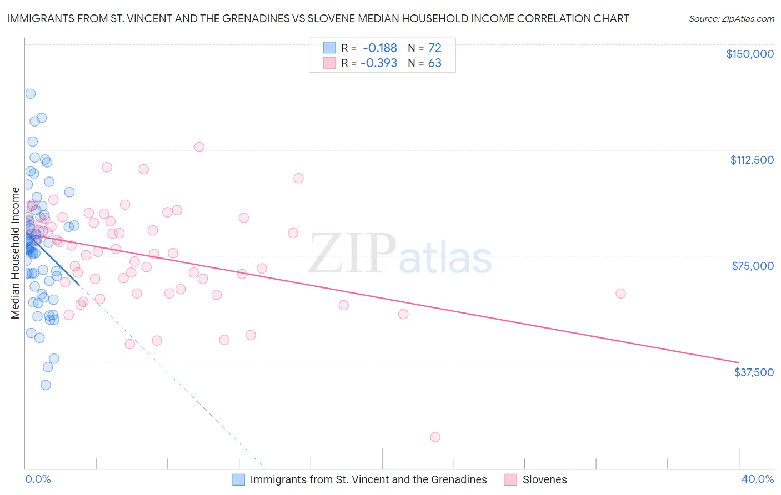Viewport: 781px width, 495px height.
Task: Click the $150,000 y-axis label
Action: pyautogui.click(x=749, y=54)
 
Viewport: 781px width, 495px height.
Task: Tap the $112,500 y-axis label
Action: pyautogui.click(x=752, y=160)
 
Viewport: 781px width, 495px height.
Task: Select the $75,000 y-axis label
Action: pyautogui.click(x=753, y=266)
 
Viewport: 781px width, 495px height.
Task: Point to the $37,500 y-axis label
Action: pyautogui.click(x=753, y=372)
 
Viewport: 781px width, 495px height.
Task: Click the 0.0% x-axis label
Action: pyautogui.click(x=38, y=479)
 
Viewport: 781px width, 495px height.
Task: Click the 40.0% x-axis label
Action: pyautogui.click(x=757, y=479)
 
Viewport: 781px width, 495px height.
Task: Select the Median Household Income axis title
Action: pyautogui.click(x=15, y=253)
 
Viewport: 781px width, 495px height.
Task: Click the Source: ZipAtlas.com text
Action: pyautogui.click(x=731, y=19)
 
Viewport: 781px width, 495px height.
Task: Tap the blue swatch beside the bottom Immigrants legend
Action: pyautogui.click(x=238, y=479)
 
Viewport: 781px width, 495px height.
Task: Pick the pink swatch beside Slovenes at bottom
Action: pyautogui.click(x=510, y=479)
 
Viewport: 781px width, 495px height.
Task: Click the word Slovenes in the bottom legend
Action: pyautogui.click(x=544, y=479)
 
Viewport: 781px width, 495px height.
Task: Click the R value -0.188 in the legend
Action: pyautogui.click(x=380, y=48)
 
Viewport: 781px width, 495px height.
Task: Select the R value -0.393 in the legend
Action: pyautogui.click(x=379, y=63)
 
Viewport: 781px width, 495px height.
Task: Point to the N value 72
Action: pyautogui.click(x=434, y=48)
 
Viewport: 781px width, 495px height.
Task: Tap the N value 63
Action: pyautogui.click(x=434, y=63)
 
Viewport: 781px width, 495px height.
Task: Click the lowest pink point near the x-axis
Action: pyautogui.click(x=435, y=437)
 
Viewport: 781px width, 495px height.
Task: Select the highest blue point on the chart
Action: pyautogui.click(x=31, y=94)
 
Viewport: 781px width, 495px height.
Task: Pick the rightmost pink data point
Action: pyautogui.click(x=620, y=294)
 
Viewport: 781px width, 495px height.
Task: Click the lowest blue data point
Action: pyautogui.click(x=46, y=385)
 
